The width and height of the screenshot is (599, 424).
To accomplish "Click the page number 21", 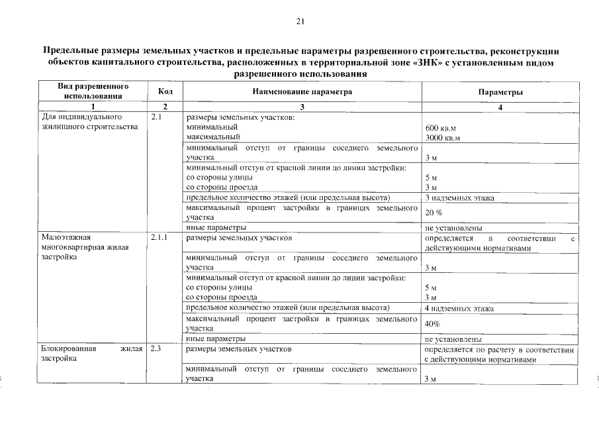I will pyautogui.click(x=300, y=22).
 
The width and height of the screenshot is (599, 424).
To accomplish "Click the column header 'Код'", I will pyautogui.click(x=165, y=91).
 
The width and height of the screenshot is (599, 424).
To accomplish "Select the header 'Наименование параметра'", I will pyautogui.click(x=302, y=91).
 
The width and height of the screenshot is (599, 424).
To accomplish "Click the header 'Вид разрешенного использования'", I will pyautogui.click(x=93, y=91).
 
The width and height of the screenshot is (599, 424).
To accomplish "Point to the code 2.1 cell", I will pyautogui.click(x=156, y=117).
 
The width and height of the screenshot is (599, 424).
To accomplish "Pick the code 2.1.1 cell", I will pyautogui.click(x=159, y=237).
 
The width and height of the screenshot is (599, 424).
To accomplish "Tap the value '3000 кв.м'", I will pyautogui.click(x=443, y=138).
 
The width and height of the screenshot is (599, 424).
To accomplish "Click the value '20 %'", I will pyautogui.click(x=433, y=212).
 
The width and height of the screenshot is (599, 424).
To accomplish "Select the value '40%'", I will pyautogui.click(x=432, y=324).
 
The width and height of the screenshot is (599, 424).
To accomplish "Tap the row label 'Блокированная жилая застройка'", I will pyautogui.click(x=91, y=353).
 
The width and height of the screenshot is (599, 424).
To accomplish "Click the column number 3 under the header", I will pyautogui.click(x=302, y=107).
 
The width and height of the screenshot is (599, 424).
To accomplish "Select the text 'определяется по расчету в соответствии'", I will pyautogui.click(x=499, y=348).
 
